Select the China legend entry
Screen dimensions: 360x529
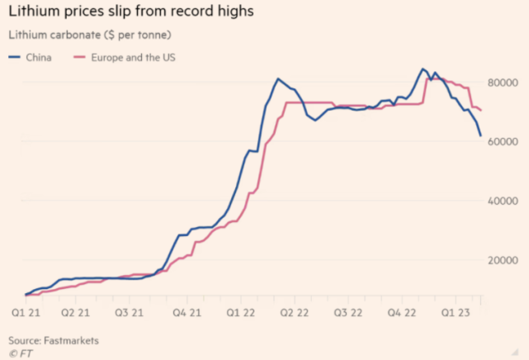[31, 58]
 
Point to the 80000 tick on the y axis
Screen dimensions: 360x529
[501, 83]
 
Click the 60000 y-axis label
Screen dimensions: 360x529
[501, 142]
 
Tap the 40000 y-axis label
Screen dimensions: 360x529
[501, 201]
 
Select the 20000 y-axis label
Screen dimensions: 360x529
[501, 260]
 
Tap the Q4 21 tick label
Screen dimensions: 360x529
[185, 314]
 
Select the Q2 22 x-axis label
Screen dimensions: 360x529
[294, 314]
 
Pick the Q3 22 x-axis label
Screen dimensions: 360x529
[347, 314]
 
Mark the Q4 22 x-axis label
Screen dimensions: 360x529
[402, 314]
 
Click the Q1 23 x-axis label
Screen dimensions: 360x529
[455, 314]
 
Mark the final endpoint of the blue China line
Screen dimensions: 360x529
[481, 135]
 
